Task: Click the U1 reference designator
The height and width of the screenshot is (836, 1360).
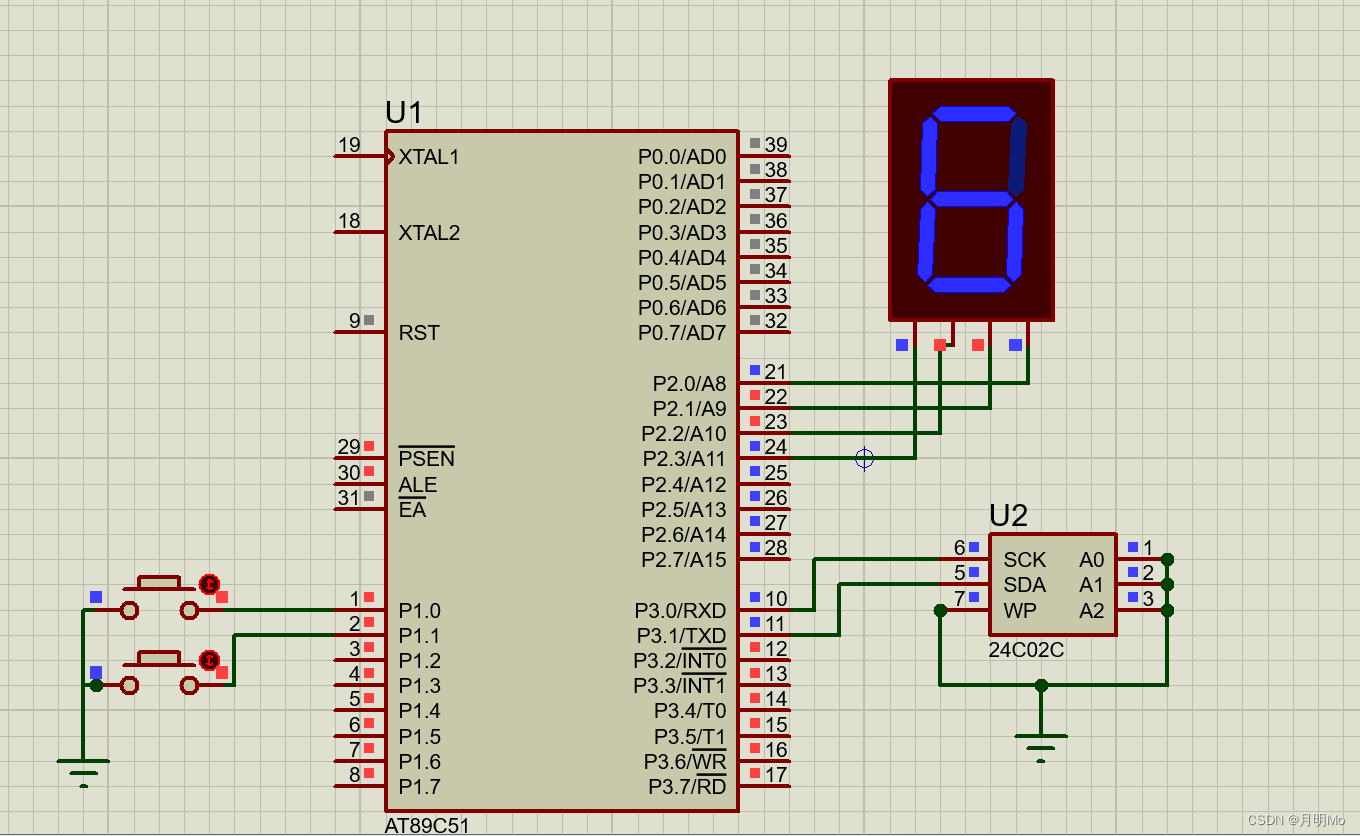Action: click(404, 113)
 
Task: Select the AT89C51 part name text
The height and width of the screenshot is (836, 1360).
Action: click(427, 826)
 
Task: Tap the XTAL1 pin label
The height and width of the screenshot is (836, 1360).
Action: click(429, 157)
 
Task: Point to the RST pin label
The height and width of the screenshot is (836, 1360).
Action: click(419, 333)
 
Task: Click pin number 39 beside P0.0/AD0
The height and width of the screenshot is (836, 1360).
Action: click(776, 145)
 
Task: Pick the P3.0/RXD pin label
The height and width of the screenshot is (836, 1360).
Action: click(680, 611)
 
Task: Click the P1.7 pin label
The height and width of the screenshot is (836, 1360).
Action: click(419, 787)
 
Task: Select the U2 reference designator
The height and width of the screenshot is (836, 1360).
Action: click(1008, 516)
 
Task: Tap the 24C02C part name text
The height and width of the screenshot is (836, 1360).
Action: click(1026, 649)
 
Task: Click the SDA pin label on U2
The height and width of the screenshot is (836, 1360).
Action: click(1024, 585)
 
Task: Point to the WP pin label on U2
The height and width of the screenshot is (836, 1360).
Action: click(1020, 610)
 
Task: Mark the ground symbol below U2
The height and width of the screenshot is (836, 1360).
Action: click(1041, 742)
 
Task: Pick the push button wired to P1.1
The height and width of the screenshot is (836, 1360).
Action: click(159, 672)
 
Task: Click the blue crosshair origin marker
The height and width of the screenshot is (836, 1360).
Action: click(865, 458)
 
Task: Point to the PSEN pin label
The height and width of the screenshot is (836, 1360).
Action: click(426, 459)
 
